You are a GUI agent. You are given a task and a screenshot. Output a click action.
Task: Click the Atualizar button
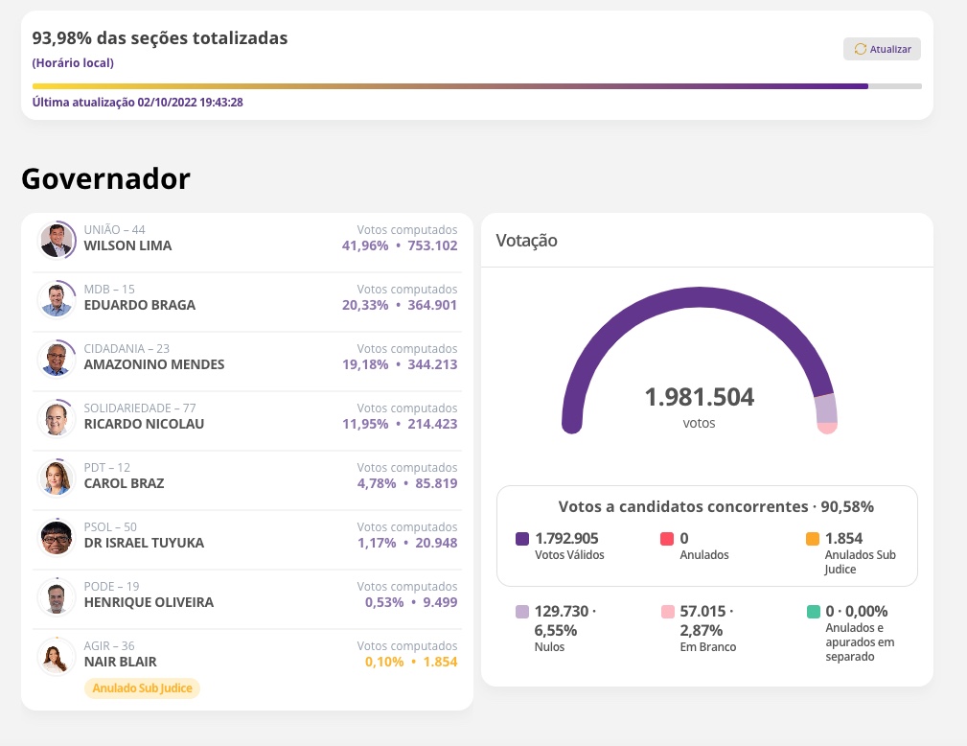tap(882, 49)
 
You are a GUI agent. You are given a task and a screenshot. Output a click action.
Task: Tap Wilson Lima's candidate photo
tap(57, 240)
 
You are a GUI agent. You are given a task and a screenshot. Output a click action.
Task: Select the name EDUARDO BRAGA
tap(140, 305)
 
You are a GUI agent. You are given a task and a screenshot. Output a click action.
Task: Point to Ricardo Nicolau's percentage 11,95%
tap(365, 424)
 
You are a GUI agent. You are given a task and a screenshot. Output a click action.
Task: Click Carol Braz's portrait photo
tap(57, 478)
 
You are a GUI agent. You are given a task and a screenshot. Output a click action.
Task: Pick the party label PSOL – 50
tap(110, 527)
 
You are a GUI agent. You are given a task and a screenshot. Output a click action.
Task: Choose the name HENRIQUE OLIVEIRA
tap(149, 602)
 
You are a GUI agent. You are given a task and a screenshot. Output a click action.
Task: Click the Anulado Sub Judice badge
tap(143, 688)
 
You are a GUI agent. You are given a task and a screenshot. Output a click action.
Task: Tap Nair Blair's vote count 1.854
tap(436, 662)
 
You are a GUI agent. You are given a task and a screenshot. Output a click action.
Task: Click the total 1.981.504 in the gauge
tap(699, 397)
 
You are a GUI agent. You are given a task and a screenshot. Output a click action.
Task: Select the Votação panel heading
tap(526, 241)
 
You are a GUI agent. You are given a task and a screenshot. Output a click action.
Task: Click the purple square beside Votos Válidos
tap(522, 539)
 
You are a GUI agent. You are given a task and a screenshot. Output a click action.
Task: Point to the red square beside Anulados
tap(667, 539)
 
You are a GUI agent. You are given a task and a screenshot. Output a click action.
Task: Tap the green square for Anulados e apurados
tap(813, 612)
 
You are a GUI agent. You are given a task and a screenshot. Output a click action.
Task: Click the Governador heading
tap(105, 178)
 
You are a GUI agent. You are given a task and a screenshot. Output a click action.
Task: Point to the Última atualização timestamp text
tap(138, 102)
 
